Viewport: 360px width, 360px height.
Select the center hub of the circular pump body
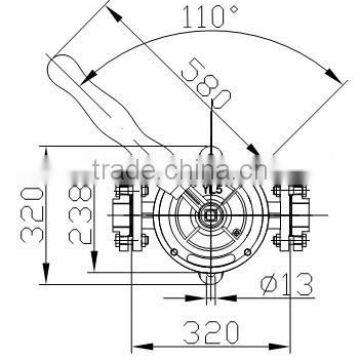[x=213, y=215]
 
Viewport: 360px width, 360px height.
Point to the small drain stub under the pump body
[x=211, y=290]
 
